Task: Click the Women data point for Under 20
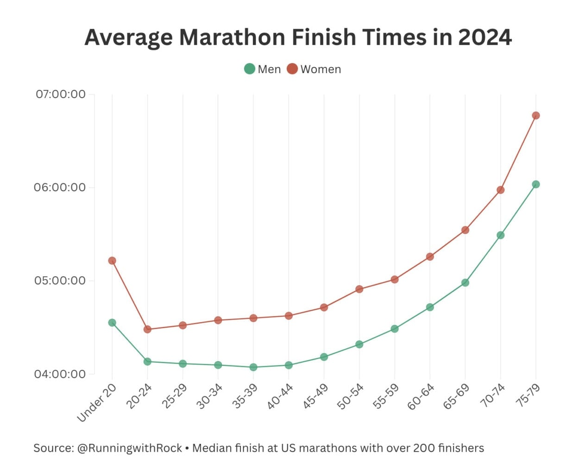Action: click(x=112, y=261)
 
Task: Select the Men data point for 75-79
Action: click(x=535, y=184)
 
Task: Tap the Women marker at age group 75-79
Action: click(x=535, y=115)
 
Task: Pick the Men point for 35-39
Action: click(x=253, y=367)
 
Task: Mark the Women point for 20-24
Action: click(x=147, y=329)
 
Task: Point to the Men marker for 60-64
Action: click(x=430, y=307)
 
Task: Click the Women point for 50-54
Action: click(x=359, y=289)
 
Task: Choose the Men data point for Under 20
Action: click(x=112, y=323)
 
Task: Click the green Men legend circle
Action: click(x=250, y=69)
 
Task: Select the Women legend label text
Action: click(x=321, y=69)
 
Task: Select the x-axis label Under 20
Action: click(x=97, y=403)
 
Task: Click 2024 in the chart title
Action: click(x=485, y=37)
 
